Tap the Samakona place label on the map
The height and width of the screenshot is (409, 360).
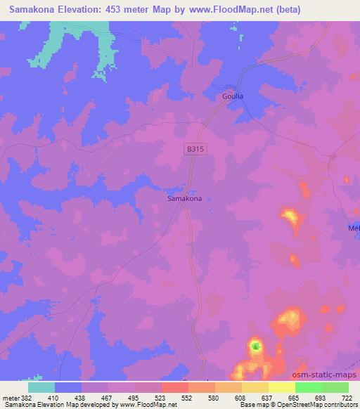pyautogui.click(x=185, y=199)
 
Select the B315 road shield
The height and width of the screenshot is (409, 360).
pyautogui.click(x=196, y=148)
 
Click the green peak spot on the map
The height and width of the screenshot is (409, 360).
pyautogui.click(x=256, y=346)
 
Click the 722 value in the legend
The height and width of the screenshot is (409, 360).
pyautogui.click(x=347, y=397)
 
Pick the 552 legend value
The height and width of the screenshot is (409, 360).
pyautogui.click(x=188, y=397)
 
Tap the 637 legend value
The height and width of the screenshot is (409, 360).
pyautogui.click(x=267, y=397)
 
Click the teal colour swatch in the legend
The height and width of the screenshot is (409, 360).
pyautogui.click(x=41, y=387)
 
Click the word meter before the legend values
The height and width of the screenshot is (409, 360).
pyautogui.click(x=11, y=397)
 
